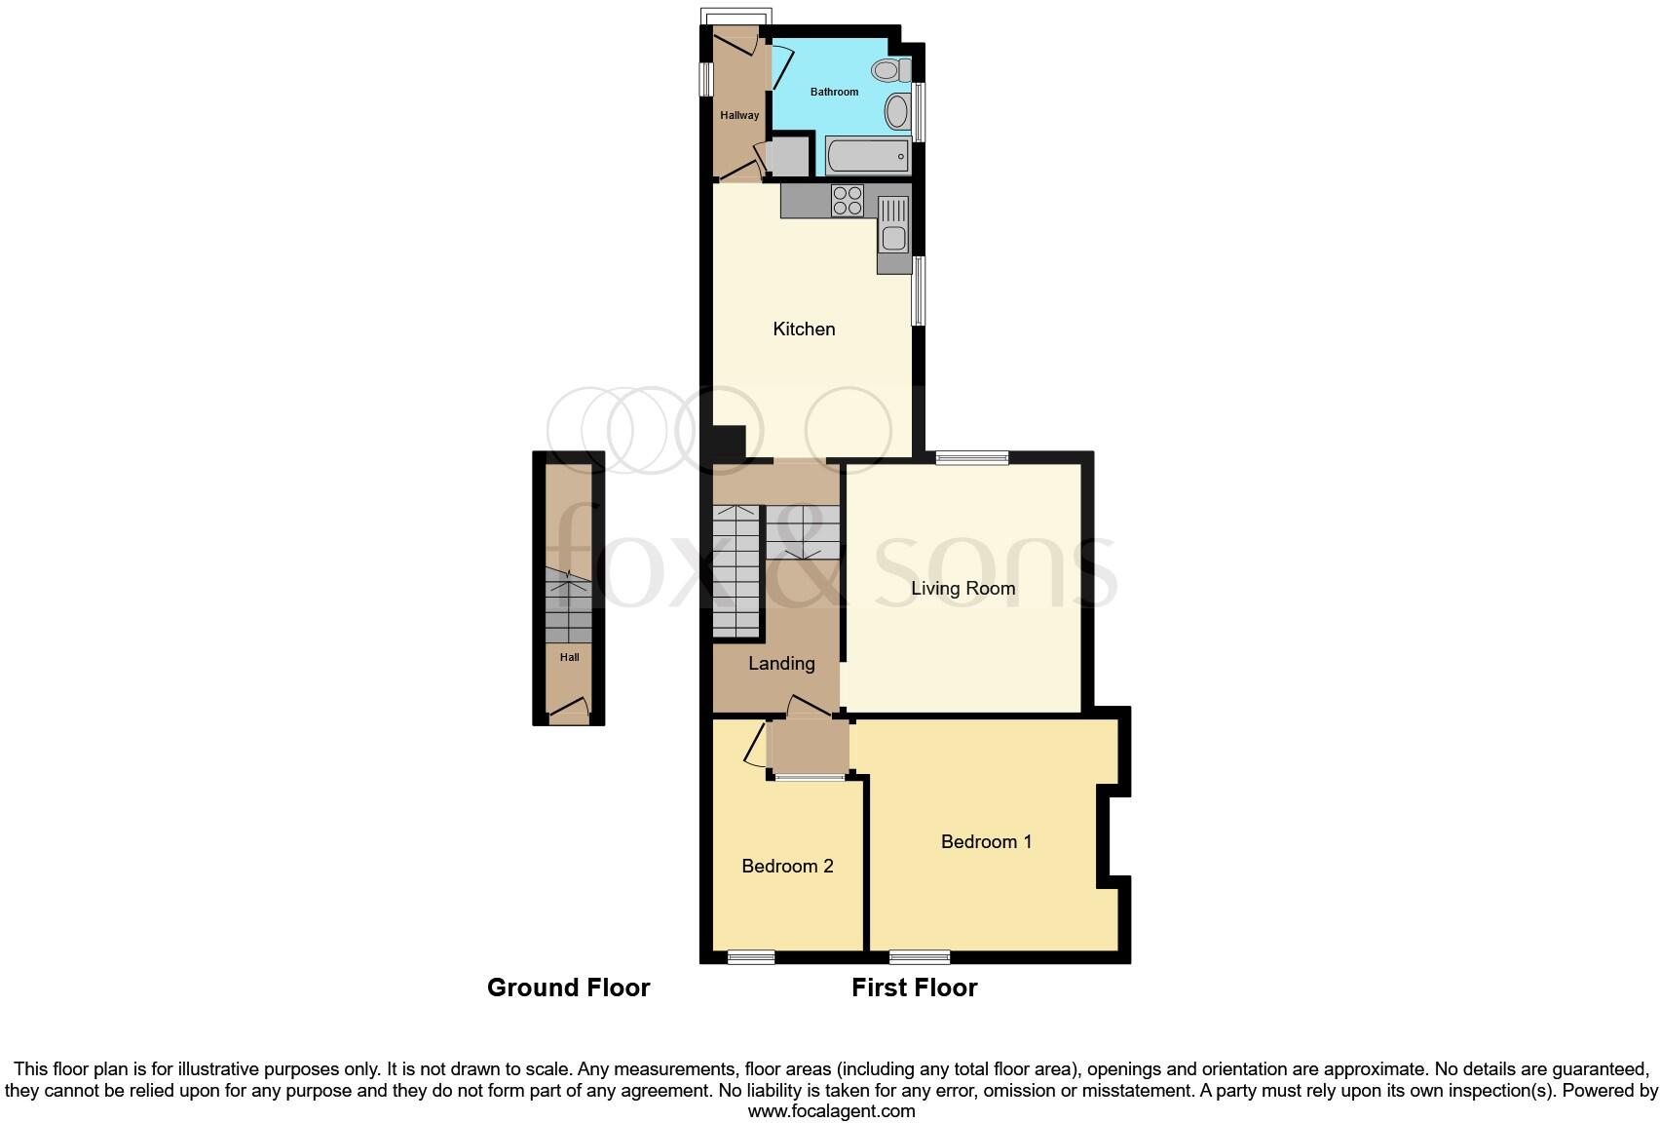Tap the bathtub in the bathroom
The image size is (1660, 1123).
click(x=867, y=156)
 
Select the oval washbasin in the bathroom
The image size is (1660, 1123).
click(x=897, y=110)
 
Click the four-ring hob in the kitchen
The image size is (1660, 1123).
click(x=848, y=200)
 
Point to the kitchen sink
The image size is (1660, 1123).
click(x=892, y=226)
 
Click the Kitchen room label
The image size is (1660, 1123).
click(x=804, y=329)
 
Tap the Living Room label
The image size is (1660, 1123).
click(x=962, y=588)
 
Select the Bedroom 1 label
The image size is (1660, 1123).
click(x=986, y=841)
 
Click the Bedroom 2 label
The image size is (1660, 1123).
click(x=787, y=866)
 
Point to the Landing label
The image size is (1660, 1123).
click(x=781, y=663)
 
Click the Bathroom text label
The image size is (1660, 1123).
click(x=835, y=92)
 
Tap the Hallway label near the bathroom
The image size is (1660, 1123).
click(x=739, y=115)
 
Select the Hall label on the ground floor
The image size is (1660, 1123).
click(x=569, y=657)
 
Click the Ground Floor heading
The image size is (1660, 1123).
click(x=568, y=987)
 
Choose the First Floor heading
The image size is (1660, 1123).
click(x=914, y=987)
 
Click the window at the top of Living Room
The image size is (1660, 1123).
click(x=971, y=457)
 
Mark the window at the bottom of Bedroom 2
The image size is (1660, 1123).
click(x=751, y=957)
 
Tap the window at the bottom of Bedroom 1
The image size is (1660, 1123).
click(x=920, y=957)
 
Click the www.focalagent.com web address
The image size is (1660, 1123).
click(x=831, y=1110)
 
